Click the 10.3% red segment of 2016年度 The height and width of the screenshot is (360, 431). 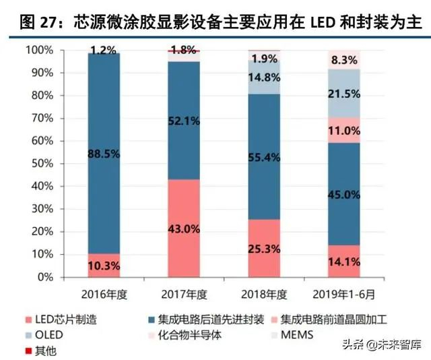pyautogui.click(x=104, y=265)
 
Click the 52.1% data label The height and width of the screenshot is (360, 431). pyautogui.click(x=183, y=120)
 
